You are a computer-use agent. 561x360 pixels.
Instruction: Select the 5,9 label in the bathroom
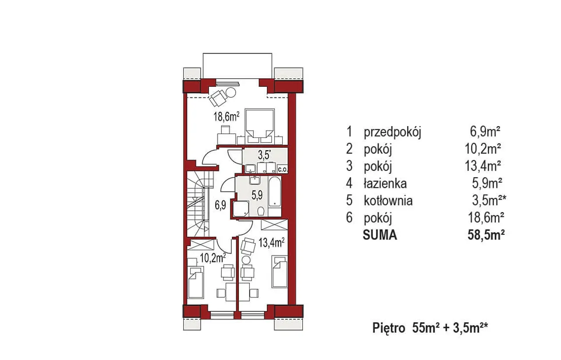257,195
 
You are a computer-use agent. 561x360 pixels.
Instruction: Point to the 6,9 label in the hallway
220,205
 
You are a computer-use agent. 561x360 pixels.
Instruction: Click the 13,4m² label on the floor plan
271,242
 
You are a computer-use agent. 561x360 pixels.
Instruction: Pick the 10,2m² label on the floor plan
213,258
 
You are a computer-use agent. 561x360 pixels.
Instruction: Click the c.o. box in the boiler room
283,169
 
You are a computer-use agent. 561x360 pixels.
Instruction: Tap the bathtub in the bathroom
274,192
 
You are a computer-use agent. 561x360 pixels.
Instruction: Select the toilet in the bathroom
261,212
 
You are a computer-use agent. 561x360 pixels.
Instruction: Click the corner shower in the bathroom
241,209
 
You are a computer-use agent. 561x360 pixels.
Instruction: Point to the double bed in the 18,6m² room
260,127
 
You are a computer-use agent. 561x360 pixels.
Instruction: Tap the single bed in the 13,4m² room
280,272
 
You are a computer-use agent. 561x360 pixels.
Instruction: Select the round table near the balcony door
231,93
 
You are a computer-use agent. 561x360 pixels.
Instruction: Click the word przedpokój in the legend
392,132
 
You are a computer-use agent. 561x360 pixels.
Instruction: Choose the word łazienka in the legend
385,184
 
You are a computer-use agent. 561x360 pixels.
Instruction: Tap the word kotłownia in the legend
388,201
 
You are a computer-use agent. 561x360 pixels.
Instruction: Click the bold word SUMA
380,235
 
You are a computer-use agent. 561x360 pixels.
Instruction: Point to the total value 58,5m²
486,235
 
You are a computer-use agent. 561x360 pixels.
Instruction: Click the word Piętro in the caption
389,328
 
